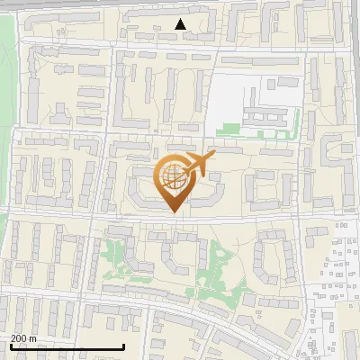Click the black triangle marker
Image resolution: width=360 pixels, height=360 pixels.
181,24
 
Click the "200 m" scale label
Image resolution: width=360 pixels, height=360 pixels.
24,338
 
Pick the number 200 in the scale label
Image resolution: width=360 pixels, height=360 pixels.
20,338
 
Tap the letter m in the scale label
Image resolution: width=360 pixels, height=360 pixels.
34,338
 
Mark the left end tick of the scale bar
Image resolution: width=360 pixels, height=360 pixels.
11,346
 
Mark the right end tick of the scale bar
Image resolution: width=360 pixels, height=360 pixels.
122,346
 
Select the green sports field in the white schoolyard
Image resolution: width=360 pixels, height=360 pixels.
232,129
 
